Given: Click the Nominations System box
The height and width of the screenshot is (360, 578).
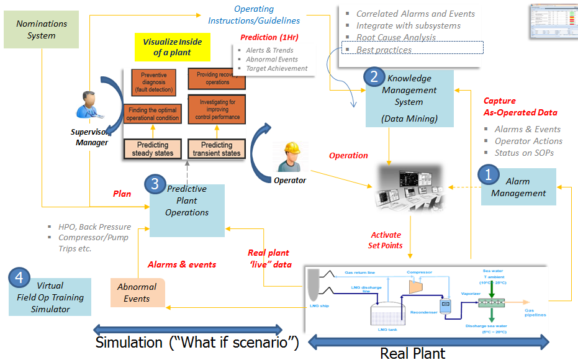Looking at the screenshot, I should [x=41, y=29].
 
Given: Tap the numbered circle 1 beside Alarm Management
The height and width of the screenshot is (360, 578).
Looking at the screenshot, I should [x=488, y=175].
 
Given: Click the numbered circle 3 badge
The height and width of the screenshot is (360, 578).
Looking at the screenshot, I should [x=155, y=184].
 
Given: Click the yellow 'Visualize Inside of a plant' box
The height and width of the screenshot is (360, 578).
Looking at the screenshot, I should [x=172, y=47].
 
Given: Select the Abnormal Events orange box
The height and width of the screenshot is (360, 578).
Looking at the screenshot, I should [x=137, y=292].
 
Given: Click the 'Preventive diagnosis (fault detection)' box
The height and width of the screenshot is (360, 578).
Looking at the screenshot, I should [x=153, y=83].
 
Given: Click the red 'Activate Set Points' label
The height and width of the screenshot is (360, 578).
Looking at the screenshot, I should [x=386, y=240].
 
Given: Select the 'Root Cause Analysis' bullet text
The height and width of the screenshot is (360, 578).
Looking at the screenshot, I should [x=395, y=37].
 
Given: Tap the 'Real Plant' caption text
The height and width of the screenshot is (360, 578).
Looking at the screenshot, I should [x=413, y=353].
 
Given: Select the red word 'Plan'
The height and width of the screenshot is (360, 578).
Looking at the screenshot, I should [x=122, y=194].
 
